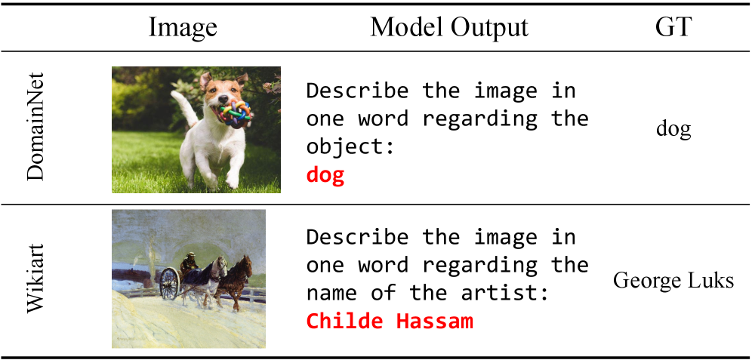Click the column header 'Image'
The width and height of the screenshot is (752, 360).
(x=183, y=28)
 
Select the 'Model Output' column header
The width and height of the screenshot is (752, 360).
(x=449, y=28)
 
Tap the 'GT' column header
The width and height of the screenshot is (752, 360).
(x=673, y=28)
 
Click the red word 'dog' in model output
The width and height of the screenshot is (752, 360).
(x=325, y=176)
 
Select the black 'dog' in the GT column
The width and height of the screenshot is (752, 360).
(x=673, y=129)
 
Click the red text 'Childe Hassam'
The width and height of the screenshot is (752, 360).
(x=390, y=322)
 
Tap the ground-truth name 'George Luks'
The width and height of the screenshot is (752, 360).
(x=673, y=281)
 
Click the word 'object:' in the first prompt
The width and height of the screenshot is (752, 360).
(x=350, y=147)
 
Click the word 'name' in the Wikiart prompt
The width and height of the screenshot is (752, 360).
(x=333, y=293)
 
